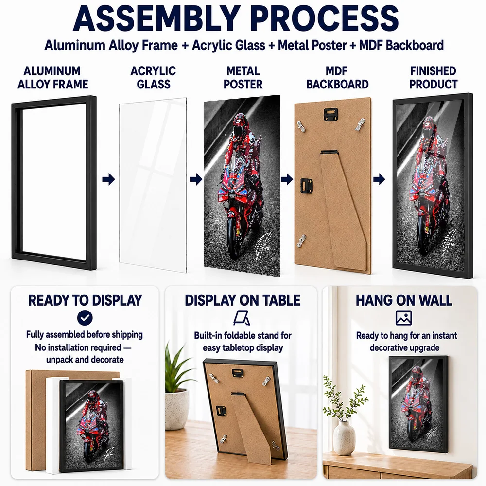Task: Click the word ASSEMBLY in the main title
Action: [156, 18]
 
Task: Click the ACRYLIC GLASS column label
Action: [153, 77]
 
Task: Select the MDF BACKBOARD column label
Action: [337, 77]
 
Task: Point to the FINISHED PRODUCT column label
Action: [433, 77]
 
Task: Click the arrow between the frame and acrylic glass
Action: [108, 179]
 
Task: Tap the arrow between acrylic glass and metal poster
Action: [196, 179]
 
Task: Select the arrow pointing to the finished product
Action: [379, 179]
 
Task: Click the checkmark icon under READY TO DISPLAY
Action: [85, 318]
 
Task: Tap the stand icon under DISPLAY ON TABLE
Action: [242, 318]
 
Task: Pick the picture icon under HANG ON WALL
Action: [403, 318]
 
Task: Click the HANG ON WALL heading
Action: [404, 300]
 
